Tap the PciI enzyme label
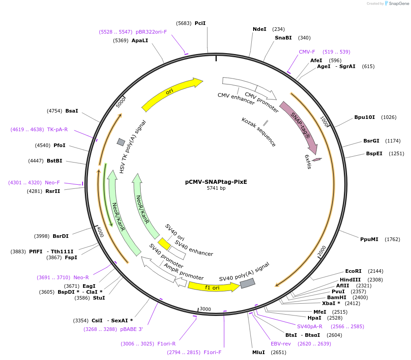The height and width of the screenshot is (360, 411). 200,23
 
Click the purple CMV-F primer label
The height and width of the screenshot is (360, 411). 307,52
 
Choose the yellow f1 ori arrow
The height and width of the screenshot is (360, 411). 214,287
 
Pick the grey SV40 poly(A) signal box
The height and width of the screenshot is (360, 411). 247,283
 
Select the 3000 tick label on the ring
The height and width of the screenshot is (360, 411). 205,309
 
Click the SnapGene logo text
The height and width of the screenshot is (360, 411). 396,4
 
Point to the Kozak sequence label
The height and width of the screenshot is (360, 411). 259,132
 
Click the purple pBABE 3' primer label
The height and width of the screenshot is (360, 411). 132,329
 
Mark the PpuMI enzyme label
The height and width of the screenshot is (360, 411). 369,239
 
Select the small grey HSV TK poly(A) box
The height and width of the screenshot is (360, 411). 121,142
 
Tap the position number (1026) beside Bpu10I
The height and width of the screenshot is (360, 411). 389,117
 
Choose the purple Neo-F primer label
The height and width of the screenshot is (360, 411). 52,182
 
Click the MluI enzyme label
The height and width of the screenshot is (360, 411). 259,352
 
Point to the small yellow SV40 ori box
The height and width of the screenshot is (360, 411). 164,244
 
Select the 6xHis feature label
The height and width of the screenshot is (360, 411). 308,162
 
